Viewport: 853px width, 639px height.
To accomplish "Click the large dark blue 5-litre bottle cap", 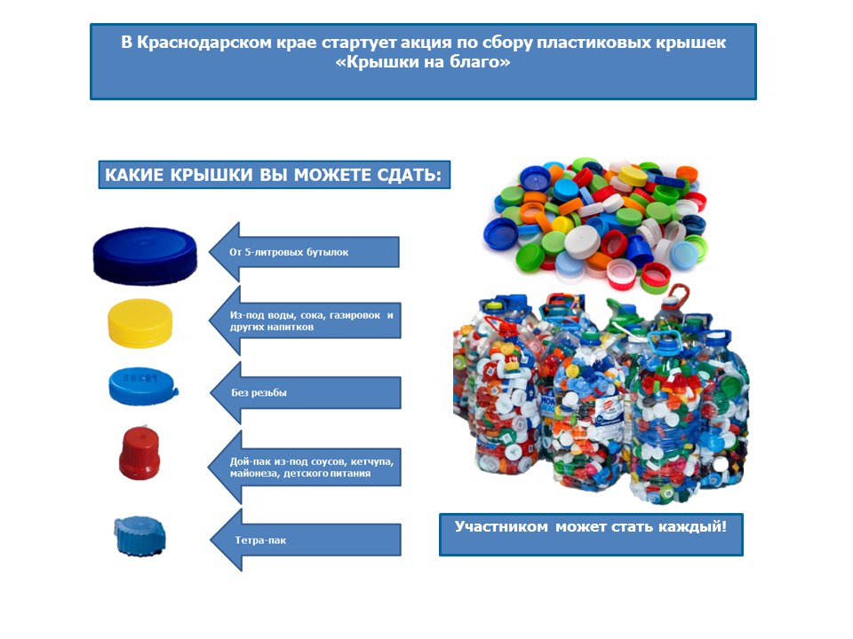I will [x=145, y=252].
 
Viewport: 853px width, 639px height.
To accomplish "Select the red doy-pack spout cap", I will [x=140, y=454].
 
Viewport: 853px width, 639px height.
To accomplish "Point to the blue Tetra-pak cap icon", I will [x=140, y=534].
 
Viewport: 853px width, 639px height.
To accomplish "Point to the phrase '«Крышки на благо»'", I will [x=424, y=63].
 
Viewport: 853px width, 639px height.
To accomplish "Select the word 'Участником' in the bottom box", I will [x=502, y=526].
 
